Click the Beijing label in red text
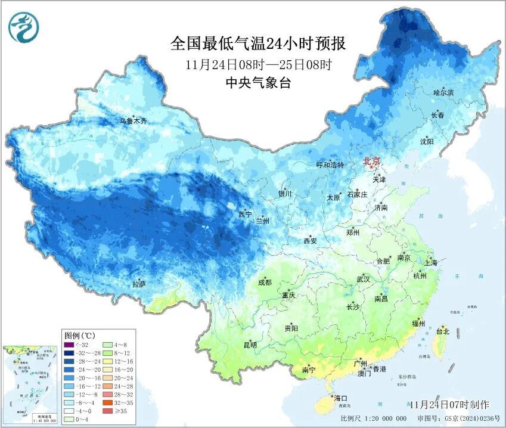372,161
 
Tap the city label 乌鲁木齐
133,121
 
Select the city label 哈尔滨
443,93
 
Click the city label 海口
341,398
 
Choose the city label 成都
265,283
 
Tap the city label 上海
431,263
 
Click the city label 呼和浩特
330,165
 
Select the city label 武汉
363,279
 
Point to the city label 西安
310,241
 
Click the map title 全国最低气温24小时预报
258,44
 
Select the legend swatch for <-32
69,345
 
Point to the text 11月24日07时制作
449,405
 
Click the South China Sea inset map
30,384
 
